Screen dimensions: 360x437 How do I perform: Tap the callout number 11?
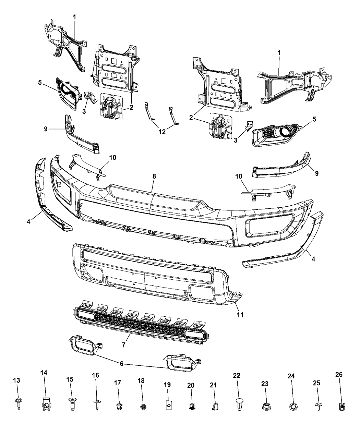coord(240,314)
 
